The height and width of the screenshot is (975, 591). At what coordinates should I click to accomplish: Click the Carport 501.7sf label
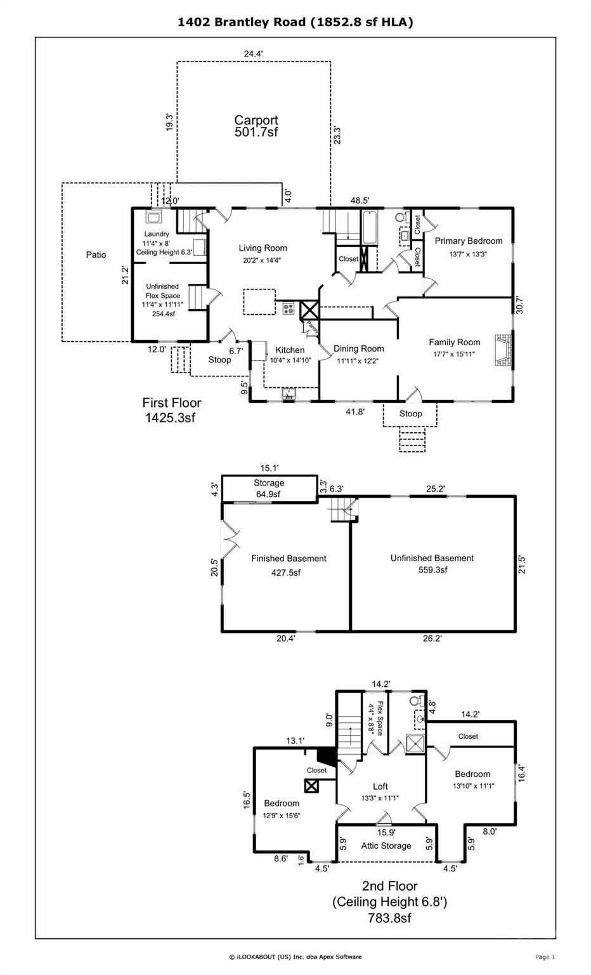pyautogui.click(x=256, y=126)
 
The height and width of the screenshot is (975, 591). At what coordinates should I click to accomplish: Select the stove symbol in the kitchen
pyautogui.click(x=289, y=309)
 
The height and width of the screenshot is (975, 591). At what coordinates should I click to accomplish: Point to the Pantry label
pyautogui.click(x=311, y=327)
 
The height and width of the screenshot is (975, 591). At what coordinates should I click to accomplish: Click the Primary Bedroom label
pyautogui.click(x=468, y=241)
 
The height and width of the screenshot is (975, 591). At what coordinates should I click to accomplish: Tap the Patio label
pyautogui.click(x=96, y=255)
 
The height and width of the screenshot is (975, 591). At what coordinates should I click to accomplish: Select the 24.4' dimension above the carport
pyautogui.click(x=253, y=54)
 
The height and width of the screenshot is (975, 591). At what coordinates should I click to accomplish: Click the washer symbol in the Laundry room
pyautogui.click(x=153, y=218)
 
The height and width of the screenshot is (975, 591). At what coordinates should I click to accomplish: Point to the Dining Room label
pyautogui.click(x=358, y=348)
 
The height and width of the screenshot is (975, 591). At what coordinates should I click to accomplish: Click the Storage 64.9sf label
pyautogui.click(x=268, y=488)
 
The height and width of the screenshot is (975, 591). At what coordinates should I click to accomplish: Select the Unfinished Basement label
pyautogui.click(x=431, y=558)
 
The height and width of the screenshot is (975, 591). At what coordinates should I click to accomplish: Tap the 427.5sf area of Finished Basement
pyautogui.click(x=285, y=572)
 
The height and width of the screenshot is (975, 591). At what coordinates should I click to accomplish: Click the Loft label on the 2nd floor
pyautogui.click(x=380, y=786)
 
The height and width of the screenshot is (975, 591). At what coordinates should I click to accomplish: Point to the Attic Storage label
pyautogui.click(x=386, y=846)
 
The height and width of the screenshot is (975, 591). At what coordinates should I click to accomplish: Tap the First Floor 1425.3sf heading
pyautogui.click(x=171, y=409)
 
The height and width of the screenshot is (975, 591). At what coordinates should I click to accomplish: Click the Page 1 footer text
pyautogui.click(x=545, y=957)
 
